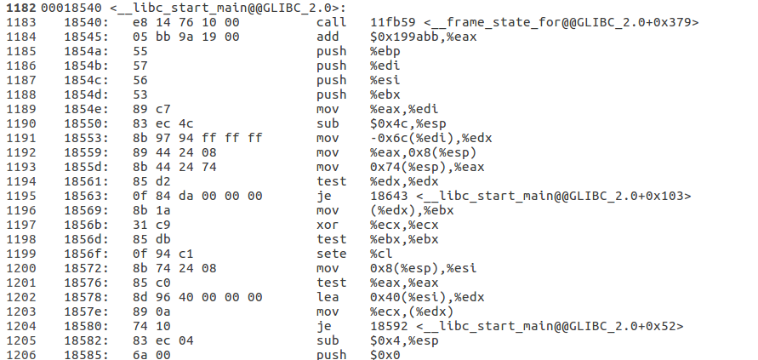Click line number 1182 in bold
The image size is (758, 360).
pyautogui.click(x=20, y=7)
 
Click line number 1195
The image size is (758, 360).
pyautogui.click(x=20, y=196)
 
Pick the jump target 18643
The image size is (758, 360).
pyautogui.click(x=388, y=196)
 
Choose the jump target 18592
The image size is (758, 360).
pyautogui.click(x=388, y=326)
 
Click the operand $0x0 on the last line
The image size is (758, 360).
pyautogui.click(x=385, y=354)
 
